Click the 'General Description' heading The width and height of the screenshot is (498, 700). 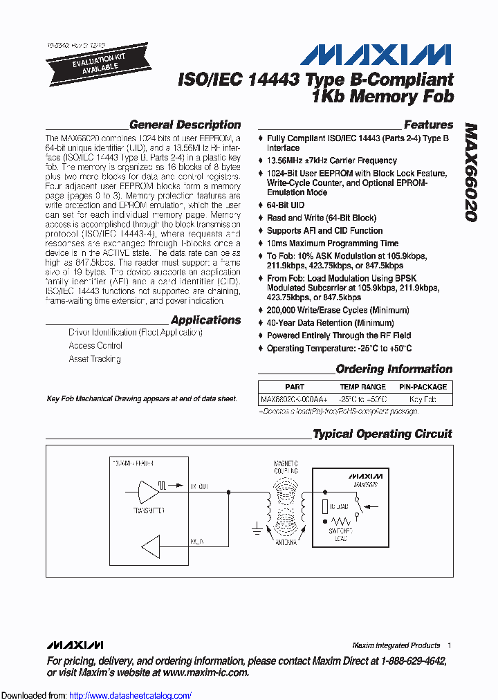point(185,125)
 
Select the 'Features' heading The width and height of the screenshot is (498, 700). point(428,125)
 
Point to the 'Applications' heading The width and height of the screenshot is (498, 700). point(205,320)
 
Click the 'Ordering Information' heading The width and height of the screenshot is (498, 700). point(394,369)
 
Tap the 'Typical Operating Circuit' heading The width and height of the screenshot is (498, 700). point(382,434)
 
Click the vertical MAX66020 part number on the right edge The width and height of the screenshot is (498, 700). point(470,173)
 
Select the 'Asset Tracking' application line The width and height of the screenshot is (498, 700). point(95,359)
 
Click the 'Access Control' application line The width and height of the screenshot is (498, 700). point(95,345)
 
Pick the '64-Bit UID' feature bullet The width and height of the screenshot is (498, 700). point(285,205)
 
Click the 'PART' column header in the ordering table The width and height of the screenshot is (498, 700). point(295,387)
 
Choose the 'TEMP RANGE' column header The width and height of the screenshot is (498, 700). point(362,387)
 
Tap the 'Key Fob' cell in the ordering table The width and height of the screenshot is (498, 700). point(423,399)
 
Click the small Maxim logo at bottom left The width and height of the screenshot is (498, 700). point(75,645)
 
